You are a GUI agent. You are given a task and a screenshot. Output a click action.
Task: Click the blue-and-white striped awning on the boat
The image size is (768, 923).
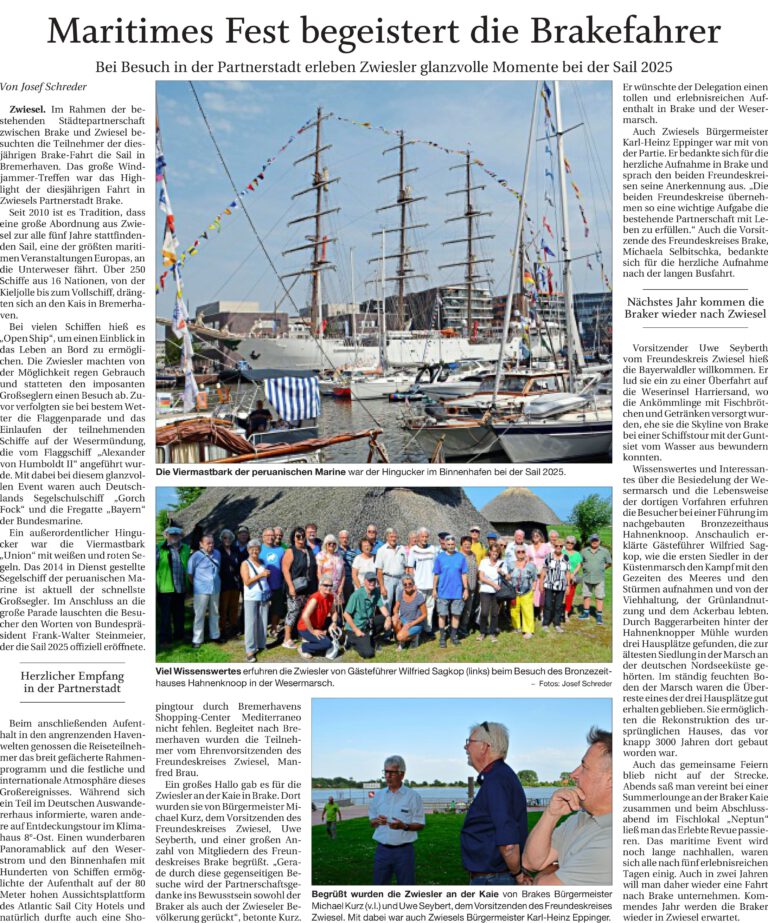point(291,397)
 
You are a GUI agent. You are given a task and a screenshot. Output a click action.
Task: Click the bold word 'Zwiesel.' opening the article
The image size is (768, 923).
point(26,107)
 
